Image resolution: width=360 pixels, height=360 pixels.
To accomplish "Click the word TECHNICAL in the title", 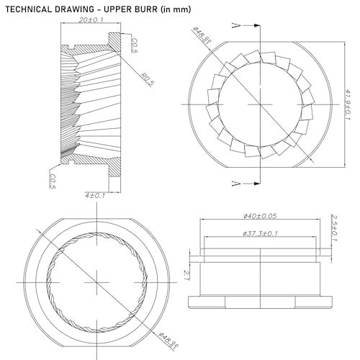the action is [x=28, y=9].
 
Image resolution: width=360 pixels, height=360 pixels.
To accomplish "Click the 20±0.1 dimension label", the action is [x=91, y=19].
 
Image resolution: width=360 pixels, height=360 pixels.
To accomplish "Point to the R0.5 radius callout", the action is [x=147, y=80].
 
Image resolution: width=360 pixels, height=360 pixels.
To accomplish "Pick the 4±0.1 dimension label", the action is [x=95, y=195].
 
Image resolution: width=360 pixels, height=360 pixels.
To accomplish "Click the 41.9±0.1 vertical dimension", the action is [x=348, y=104].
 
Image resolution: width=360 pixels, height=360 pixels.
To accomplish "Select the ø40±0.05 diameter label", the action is [x=260, y=216].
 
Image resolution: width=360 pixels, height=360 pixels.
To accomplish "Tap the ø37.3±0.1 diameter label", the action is [x=260, y=233].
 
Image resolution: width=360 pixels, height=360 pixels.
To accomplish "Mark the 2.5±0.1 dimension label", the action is [x=334, y=228].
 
